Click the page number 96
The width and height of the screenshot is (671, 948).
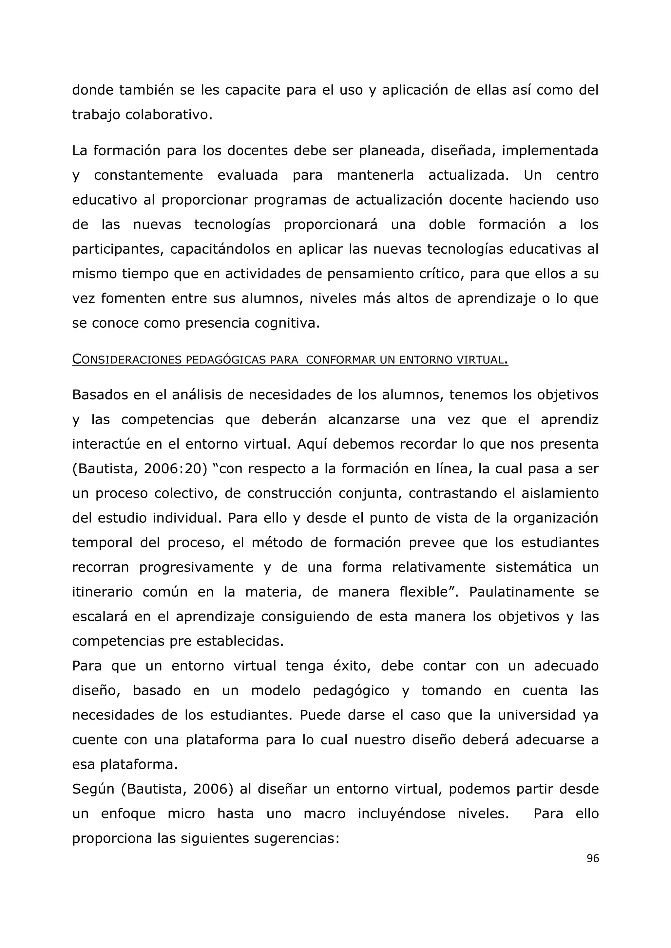(x=592, y=858)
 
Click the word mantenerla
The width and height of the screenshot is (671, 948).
(x=375, y=175)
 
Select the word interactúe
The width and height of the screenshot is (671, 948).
(x=106, y=444)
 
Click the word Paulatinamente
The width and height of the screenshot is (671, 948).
(x=521, y=592)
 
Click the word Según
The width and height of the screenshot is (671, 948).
(x=93, y=789)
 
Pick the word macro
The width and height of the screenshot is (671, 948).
(x=324, y=814)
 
